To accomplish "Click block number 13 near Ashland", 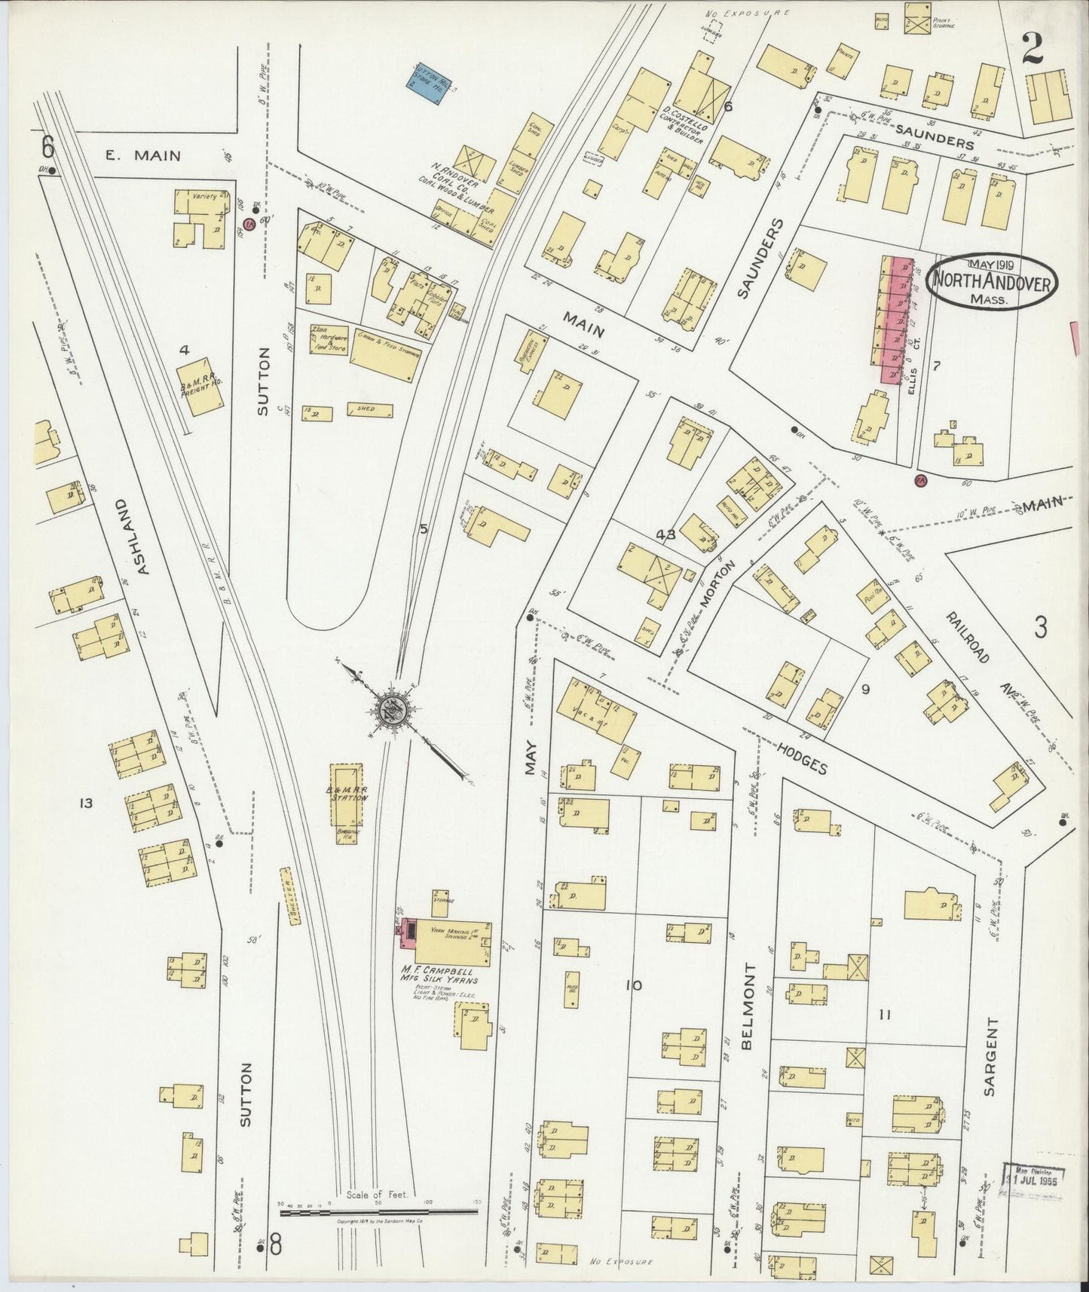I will click(86, 804).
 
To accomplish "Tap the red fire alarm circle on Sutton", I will click(249, 224).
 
